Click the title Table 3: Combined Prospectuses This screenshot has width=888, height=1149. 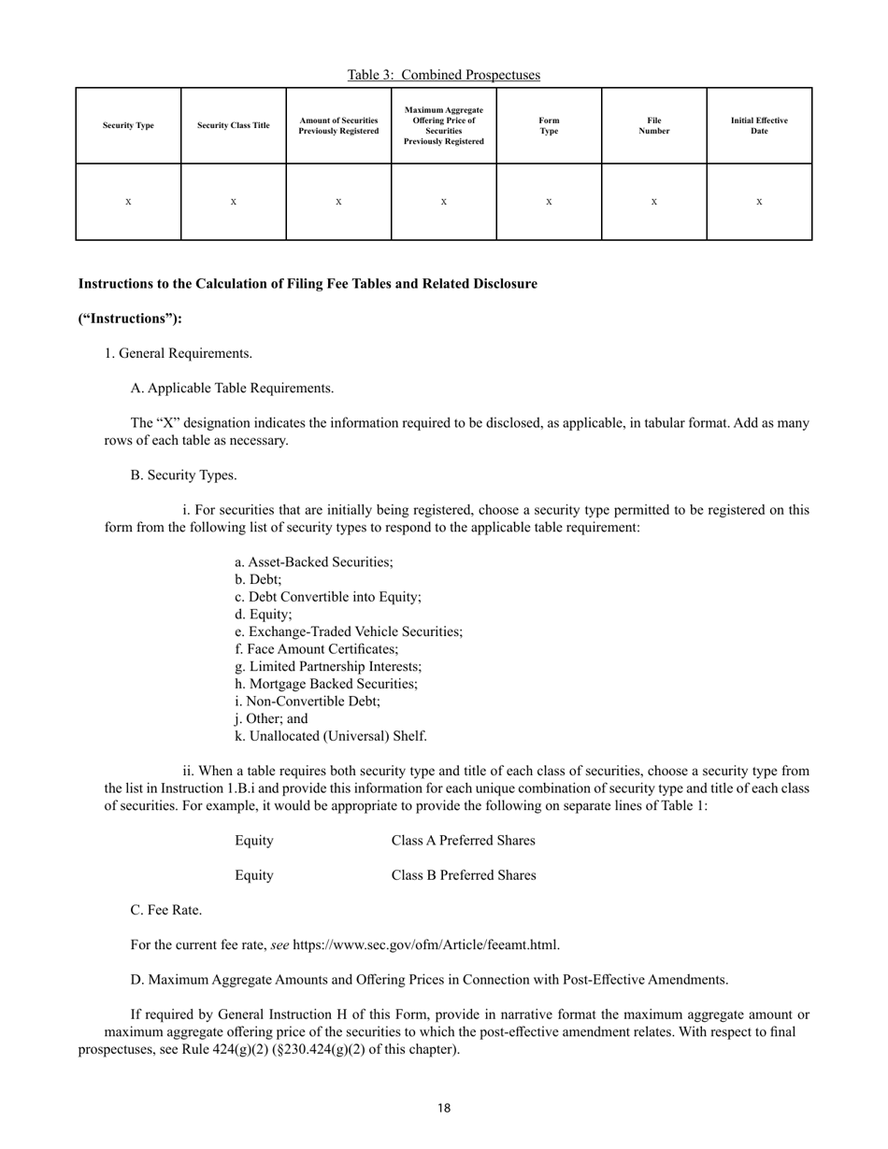(443, 75)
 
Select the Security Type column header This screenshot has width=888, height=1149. (128, 126)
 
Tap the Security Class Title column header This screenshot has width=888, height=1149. (234, 126)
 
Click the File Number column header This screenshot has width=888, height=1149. (653, 126)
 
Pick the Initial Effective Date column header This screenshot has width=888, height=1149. (759, 126)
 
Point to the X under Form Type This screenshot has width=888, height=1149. (549, 202)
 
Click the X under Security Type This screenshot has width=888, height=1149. (128, 202)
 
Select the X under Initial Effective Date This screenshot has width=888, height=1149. (759, 202)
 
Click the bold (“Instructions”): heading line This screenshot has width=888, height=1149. (130, 319)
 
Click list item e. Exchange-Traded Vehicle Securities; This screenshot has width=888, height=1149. (349, 631)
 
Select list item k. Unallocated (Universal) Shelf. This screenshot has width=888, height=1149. (331, 736)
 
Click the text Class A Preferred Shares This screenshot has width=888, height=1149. (463, 841)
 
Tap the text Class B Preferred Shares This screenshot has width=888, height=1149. (464, 875)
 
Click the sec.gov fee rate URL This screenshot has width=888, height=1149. (426, 944)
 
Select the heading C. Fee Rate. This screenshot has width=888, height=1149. (166, 910)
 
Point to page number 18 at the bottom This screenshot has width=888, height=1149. (443, 1109)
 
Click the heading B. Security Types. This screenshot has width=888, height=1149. (183, 475)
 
